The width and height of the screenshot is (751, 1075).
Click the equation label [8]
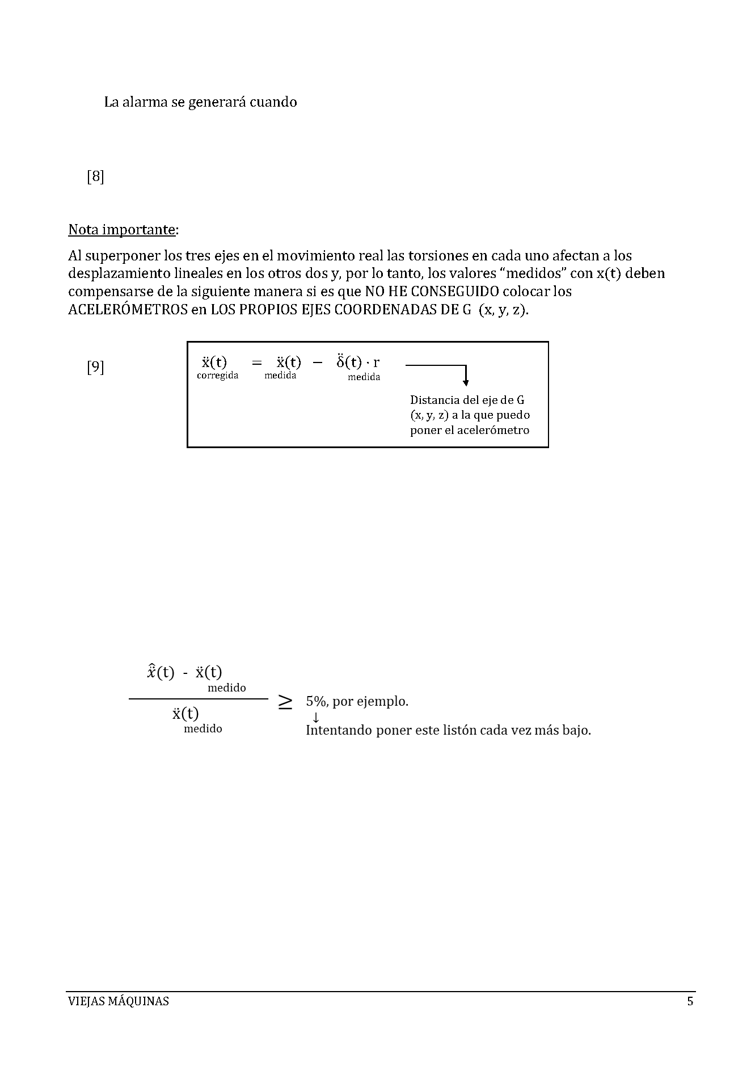(95, 177)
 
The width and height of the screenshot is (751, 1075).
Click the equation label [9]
(95, 367)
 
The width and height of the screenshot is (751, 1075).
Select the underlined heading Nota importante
(121, 230)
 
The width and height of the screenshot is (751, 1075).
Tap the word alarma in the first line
(145, 102)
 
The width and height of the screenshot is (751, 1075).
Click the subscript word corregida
(217, 376)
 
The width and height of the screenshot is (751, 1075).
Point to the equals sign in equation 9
(257, 362)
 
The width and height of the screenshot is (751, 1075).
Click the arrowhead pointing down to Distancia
(466, 382)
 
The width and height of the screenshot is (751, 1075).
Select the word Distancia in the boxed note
(434, 400)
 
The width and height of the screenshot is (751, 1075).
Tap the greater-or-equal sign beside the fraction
(285, 702)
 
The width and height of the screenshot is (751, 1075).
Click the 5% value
(314, 701)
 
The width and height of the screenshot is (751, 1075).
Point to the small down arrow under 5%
(316, 717)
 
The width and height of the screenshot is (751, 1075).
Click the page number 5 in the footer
(690, 1001)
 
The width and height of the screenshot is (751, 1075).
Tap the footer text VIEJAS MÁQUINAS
(118, 1001)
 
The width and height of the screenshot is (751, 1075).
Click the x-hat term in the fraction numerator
(161, 672)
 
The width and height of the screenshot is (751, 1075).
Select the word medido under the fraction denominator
(203, 729)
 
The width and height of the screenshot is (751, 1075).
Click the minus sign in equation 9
(317, 362)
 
